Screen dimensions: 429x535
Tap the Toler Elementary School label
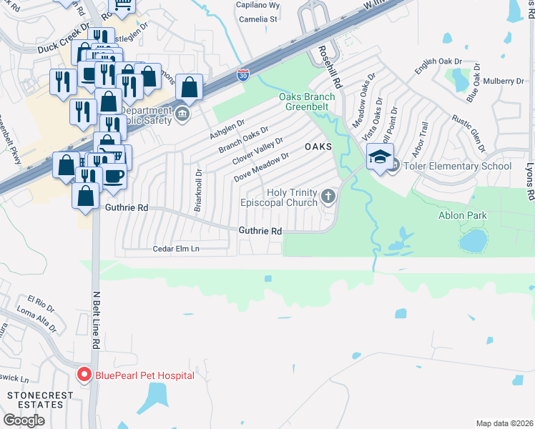click(458, 167)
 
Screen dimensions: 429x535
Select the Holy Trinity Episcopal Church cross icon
click(328, 195)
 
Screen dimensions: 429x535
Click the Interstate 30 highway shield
click(243, 74)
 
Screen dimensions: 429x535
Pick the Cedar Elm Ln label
click(176, 249)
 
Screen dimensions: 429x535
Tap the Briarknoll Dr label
click(198, 190)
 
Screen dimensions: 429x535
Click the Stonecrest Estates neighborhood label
click(31, 399)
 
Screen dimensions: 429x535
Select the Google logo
click(24, 420)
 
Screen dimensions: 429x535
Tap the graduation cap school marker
click(380, 157)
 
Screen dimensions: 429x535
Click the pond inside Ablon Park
click(472, 241)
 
